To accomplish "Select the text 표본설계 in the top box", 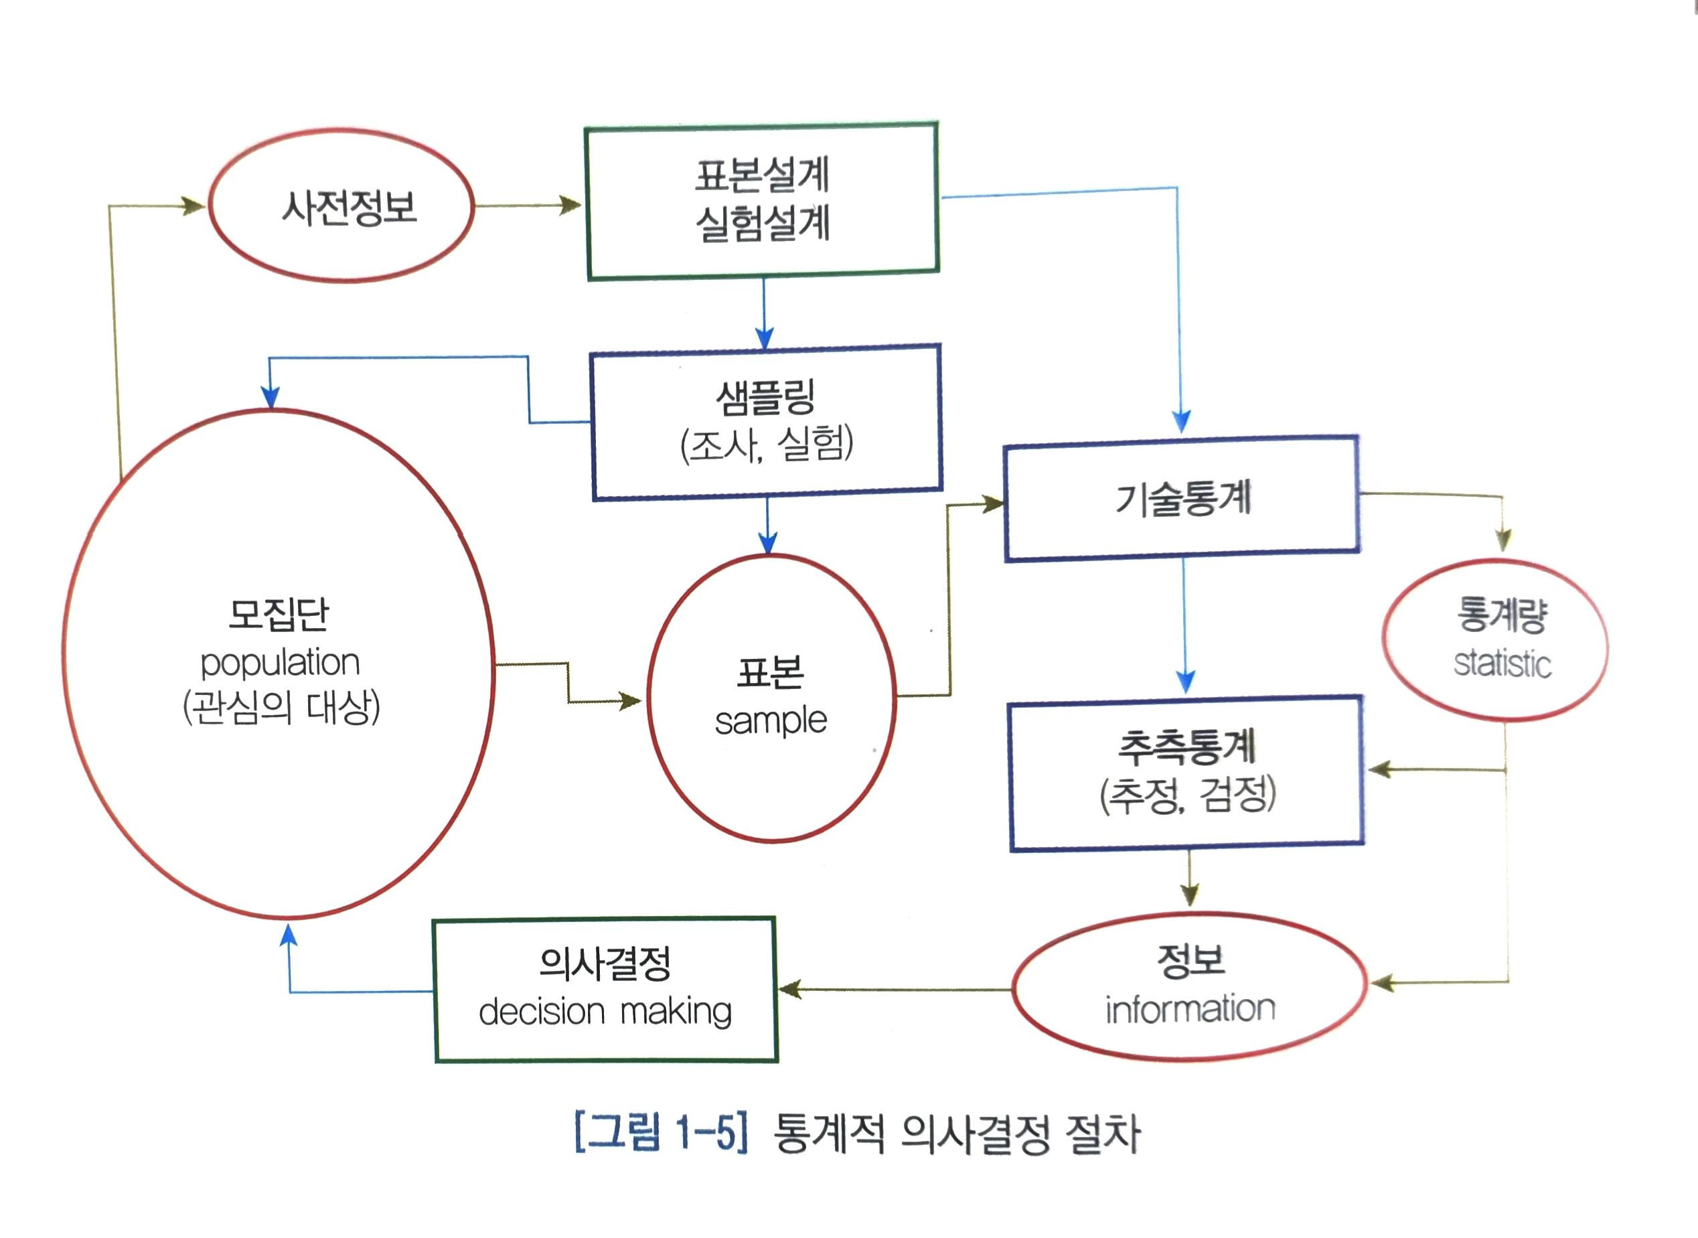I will [762, 175].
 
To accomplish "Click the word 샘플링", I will [765, 397].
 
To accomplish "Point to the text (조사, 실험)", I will [767, 445].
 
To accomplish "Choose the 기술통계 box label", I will [1182, 499].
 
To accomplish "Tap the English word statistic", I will [1502, 664].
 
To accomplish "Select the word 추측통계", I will [1186, 747].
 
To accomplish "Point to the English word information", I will [1190, 1009].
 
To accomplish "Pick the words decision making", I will [605, 1012].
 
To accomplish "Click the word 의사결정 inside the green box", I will [605, 963].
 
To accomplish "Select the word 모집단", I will [279, 615].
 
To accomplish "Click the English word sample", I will [770, 721].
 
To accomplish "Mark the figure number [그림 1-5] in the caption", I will [661, 1133].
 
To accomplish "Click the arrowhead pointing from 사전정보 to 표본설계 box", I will [571, 206].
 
